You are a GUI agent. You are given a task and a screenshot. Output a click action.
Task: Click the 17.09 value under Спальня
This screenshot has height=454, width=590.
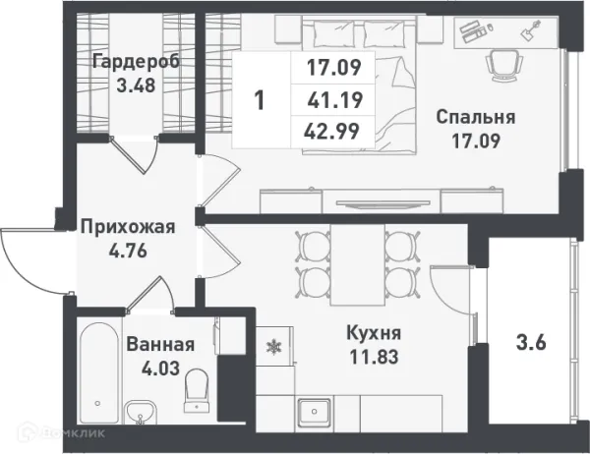(476, 140)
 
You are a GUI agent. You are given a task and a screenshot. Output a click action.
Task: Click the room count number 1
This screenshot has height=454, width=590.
(259, 99)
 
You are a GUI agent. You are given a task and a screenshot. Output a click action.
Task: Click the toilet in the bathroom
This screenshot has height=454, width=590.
(198, 385)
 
